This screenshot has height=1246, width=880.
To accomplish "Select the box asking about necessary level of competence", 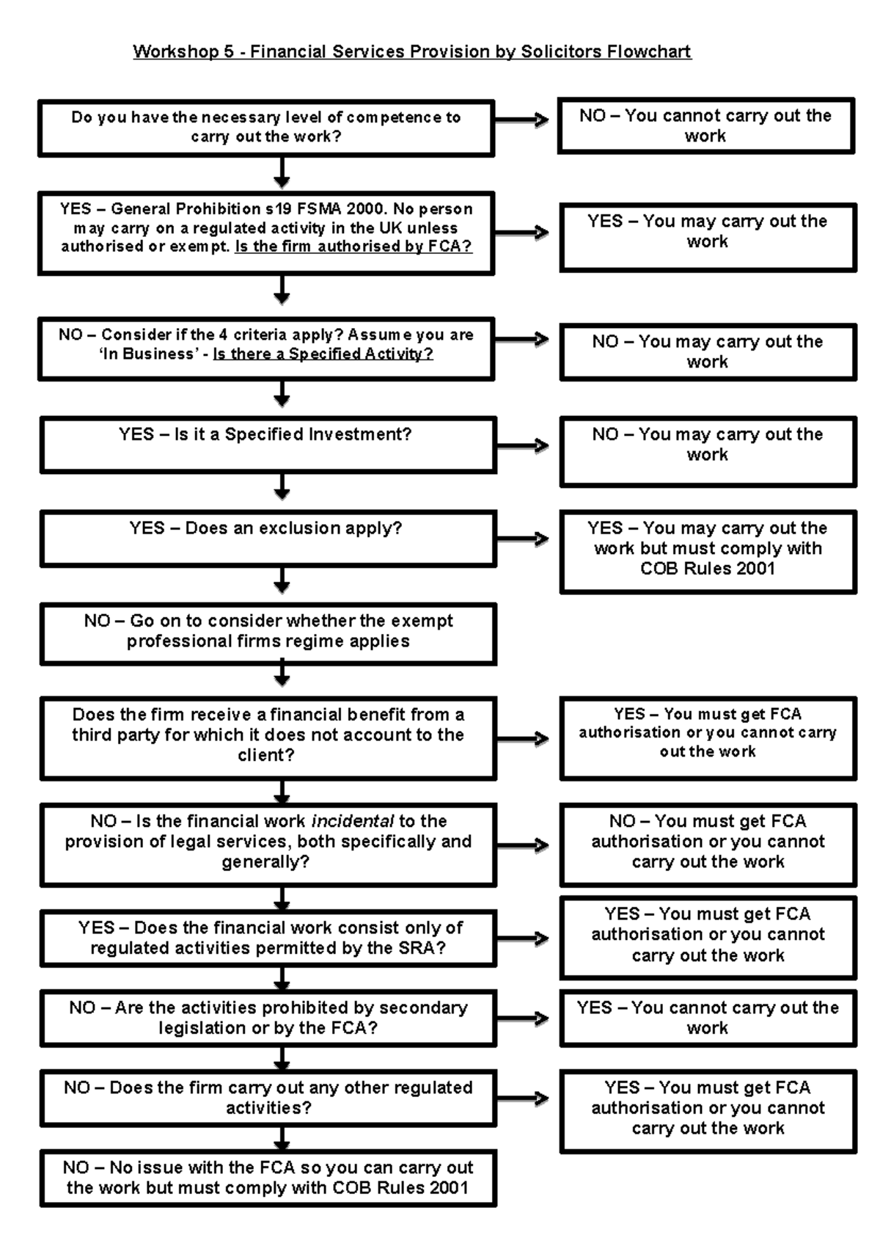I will (x=265, y=128).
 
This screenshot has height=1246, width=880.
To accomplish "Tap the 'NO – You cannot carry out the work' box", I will (x=705, y=125).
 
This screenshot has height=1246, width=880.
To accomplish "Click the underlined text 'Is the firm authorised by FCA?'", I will (x=353, y=247).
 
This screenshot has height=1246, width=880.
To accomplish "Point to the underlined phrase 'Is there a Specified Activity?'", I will (x=323, y=354).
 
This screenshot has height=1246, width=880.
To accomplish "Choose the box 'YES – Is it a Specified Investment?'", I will (x=268, y=444).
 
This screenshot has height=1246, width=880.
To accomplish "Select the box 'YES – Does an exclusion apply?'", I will (x=268, y=538).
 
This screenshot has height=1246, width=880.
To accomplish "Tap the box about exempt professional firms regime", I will (x=268, y=633).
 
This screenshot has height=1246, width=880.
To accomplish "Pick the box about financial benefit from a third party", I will (x=268, y=736).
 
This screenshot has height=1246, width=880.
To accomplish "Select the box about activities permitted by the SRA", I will (x=268, y=938).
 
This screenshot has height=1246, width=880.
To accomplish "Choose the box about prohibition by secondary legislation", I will (x=268, y=1018).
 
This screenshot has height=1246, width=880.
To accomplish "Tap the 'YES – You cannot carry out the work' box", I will (x=708, y=1018).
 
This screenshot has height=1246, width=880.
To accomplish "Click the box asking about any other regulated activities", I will (x=268, y=1098).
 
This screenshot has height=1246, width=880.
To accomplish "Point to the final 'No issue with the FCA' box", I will (x=268, y=1178).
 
